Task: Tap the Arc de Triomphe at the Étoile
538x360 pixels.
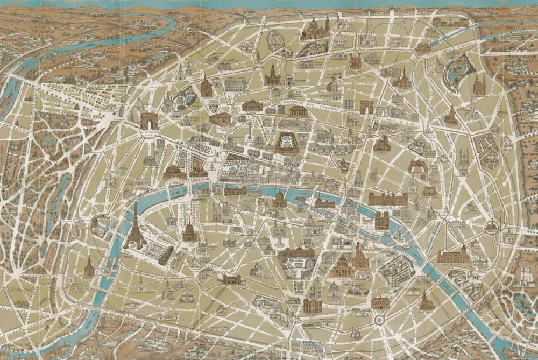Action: coord(149,121)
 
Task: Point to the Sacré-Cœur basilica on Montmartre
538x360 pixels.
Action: coord(315,29)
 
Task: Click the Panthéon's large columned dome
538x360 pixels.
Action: coord(342,265)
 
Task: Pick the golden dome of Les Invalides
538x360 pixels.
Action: coord(190,232)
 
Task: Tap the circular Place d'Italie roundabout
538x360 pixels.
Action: coord(379,320)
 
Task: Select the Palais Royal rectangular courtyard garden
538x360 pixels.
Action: coord(286,143)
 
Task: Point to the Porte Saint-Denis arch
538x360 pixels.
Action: coord(367,107)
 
